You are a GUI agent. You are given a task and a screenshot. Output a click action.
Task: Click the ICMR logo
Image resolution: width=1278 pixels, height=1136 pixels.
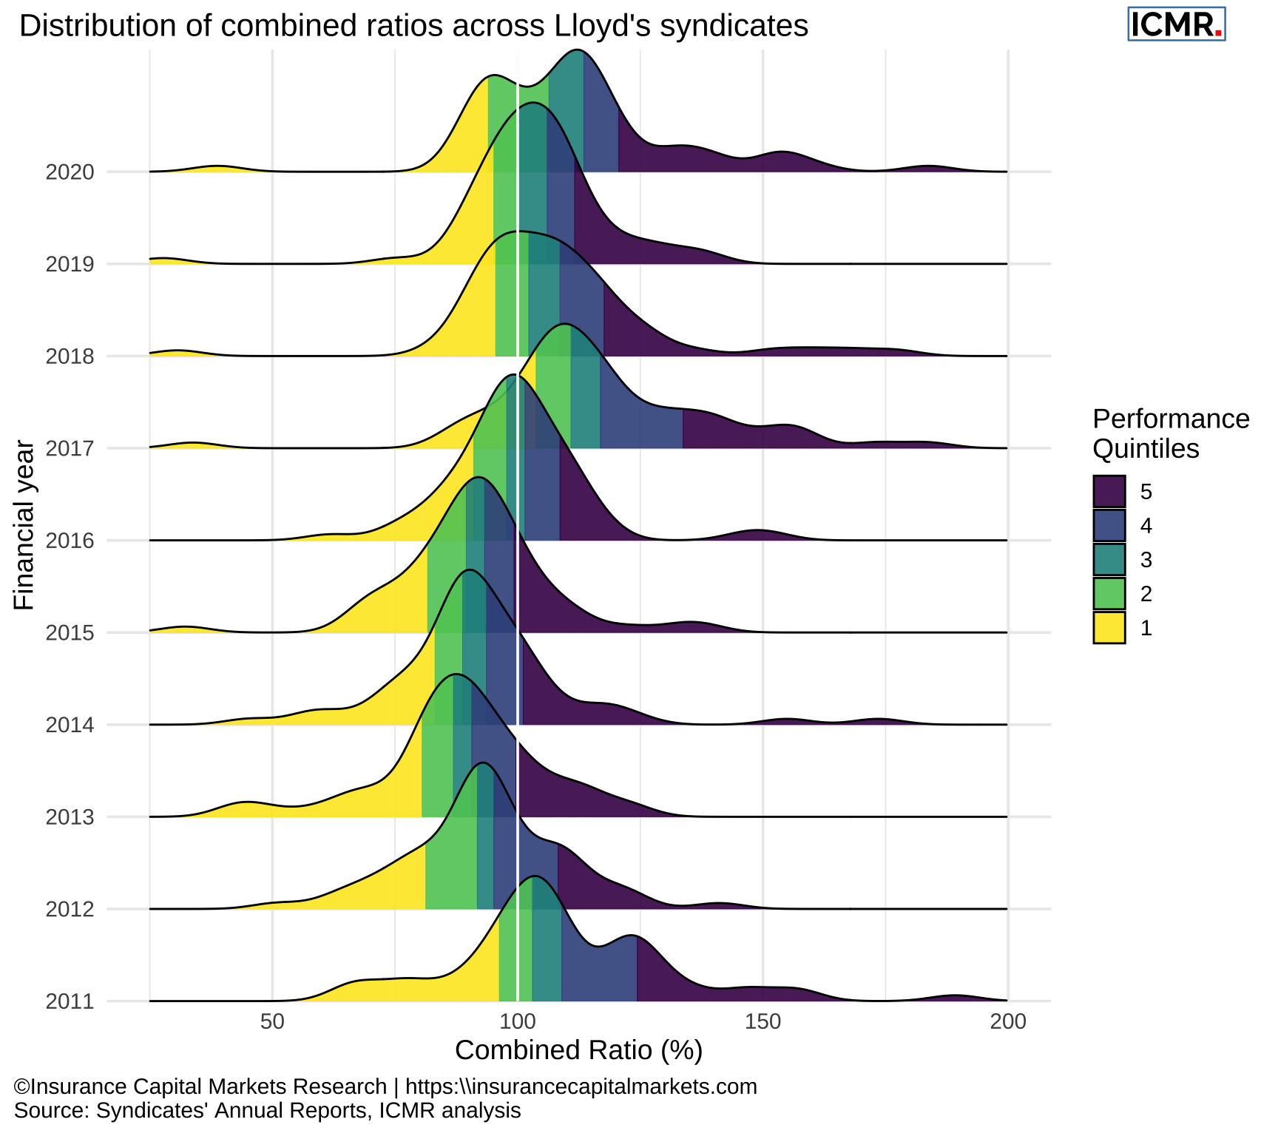coord(1176,24)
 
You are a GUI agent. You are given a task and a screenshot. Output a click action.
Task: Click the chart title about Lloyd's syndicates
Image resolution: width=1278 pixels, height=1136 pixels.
coord(413,26)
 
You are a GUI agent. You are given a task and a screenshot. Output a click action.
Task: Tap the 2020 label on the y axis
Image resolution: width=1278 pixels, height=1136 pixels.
coord(70,172)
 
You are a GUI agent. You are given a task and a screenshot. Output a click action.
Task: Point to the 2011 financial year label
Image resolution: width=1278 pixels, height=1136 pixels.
coord(70,1002)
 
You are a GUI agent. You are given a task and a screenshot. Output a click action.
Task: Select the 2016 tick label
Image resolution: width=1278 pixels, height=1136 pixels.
coord(70,541)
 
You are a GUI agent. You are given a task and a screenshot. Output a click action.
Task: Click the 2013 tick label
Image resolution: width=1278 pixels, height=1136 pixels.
coord(70,817)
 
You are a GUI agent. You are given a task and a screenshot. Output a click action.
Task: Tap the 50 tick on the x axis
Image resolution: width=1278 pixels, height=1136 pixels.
coord(272,1022)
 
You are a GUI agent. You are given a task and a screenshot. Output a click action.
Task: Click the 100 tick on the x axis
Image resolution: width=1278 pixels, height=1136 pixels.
coord(517,1022)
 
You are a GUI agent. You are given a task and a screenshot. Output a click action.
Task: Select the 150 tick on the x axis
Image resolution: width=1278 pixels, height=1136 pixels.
coord(763,1022)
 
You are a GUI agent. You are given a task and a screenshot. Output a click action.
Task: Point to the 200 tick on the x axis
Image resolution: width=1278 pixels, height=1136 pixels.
coord(1007,1022)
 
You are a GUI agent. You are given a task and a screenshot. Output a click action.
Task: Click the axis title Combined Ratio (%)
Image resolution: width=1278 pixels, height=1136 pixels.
coord(578,1050)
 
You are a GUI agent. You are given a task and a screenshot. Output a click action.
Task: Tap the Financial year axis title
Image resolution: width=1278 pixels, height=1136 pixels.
coord(24,525)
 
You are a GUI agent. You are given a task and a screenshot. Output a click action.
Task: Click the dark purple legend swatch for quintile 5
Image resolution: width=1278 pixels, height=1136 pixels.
coord(1109,491)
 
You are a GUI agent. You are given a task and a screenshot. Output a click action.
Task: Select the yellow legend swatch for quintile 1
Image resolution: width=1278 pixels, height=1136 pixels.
coord(1109,628)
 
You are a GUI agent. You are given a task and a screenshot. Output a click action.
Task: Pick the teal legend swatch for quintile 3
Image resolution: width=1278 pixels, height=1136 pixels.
coord(1109,560)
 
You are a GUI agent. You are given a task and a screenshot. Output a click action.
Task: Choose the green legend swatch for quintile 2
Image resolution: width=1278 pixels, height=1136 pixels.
coord(1109,594)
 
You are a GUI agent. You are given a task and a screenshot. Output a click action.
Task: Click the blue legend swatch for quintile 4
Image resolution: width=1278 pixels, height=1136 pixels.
coord(1109,525)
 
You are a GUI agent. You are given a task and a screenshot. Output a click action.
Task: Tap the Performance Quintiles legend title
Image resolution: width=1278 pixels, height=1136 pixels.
coord(1170,433)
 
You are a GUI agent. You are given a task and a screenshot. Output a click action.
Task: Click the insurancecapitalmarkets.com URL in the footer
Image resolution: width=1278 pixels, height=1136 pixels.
coord(581,1086)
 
